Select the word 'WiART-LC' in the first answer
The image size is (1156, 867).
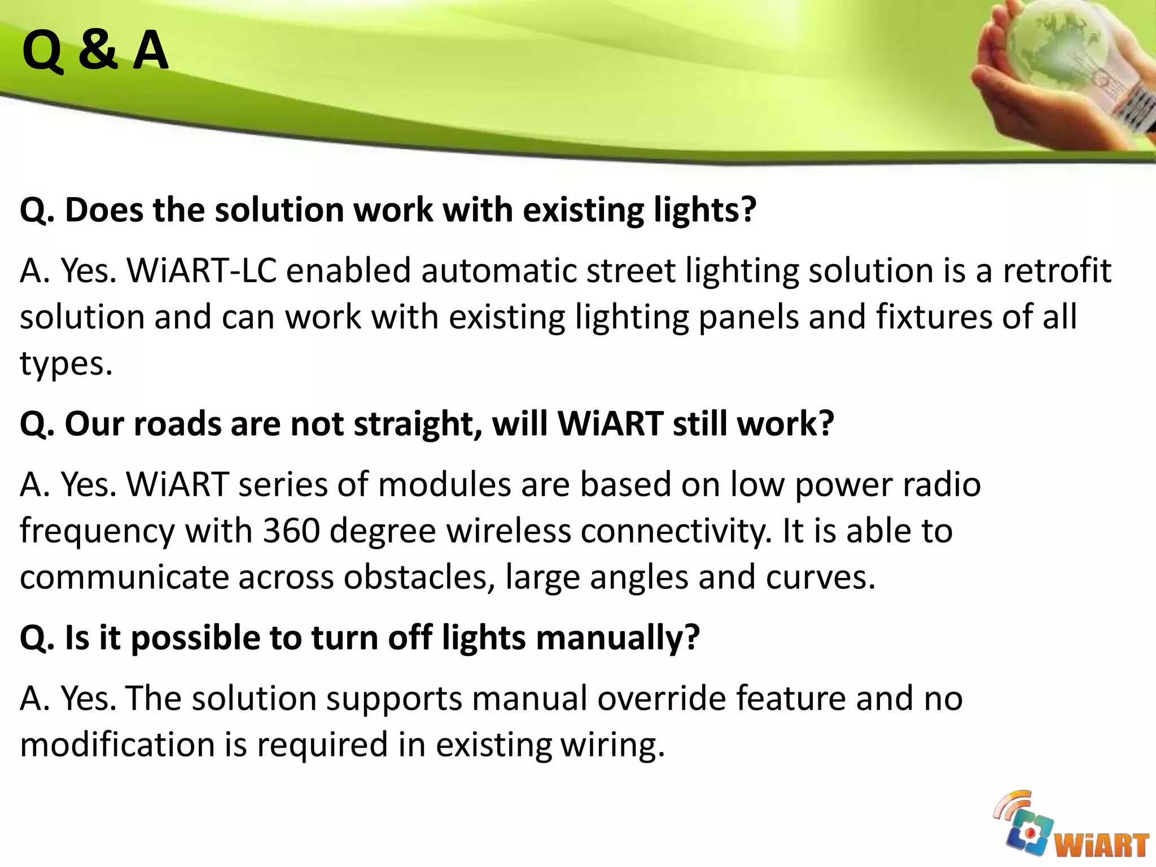(x=202, y=270)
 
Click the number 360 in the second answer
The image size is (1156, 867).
(x=291, y=531)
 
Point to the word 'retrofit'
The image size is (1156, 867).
(x=1057, y=270)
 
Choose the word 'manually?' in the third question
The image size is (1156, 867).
(x=618, y=638)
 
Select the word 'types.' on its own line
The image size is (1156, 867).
(x=67, y=364)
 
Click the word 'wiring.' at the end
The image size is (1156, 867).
(x=613, y=745)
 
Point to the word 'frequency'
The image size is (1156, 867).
(x=98, y=532)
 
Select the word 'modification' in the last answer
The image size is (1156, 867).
(x=117, y=745)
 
